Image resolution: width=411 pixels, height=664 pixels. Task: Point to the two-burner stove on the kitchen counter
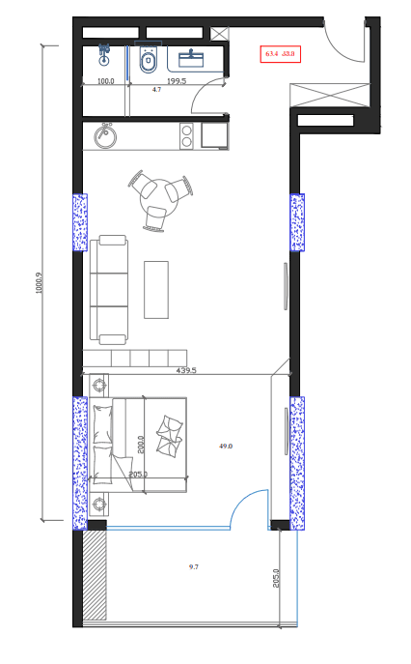(186, 135)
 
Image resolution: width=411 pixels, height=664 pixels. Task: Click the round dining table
(156, 193)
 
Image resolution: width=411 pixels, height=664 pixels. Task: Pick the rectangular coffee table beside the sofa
(156, 289)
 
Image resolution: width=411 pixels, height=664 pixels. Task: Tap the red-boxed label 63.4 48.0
(280, 54)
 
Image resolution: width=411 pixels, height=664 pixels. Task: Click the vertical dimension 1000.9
(40, 282)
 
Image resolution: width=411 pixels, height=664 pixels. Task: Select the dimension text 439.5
(186, 370)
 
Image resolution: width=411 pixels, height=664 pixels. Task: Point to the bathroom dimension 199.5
(177, 81)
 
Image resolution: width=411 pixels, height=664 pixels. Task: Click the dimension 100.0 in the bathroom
(106, 81)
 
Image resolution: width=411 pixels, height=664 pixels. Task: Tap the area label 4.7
(156, 89)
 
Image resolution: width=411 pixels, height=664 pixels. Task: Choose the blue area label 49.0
(226, 447)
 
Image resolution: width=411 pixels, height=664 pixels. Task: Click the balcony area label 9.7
(194, 566)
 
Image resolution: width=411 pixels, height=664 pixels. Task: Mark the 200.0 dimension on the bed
(141, 444)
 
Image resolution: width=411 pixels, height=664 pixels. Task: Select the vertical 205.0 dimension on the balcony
(276, 578)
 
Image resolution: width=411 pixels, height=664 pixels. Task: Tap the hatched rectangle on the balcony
(94, 575)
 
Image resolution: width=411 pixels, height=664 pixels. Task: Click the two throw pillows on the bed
(171, 435)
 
